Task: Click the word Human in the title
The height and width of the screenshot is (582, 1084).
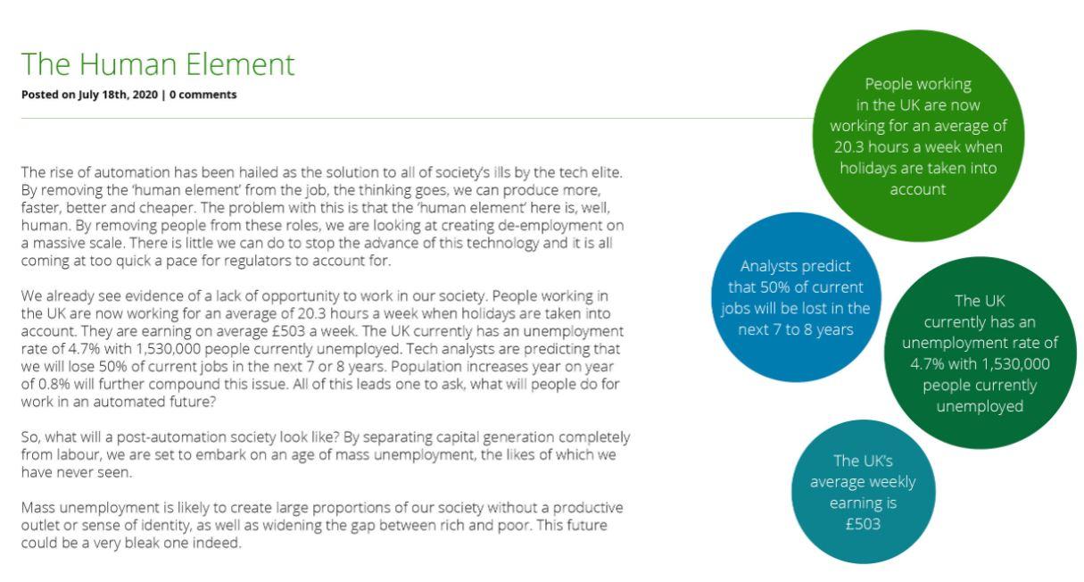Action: click(x=127, y=64)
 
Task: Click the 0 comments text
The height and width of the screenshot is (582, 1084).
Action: click(x=203, y=95)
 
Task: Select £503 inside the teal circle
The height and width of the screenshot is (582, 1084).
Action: click(x=863, y=524)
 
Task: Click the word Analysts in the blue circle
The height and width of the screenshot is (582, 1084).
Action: click(x=765, y=266)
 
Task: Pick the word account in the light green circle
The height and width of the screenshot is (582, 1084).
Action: click(x=917, y=189)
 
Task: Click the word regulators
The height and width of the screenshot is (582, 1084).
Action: click(x=258, y=261)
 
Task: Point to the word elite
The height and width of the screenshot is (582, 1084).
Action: click(x=607, y=172)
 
